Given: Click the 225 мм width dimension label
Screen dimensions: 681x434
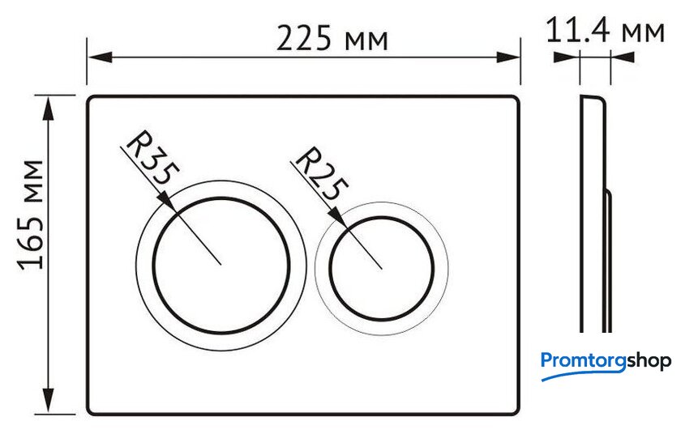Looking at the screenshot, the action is pyautogui.click(x=332, y=38).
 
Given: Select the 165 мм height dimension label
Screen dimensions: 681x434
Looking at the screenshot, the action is pyautogui.click(x=31, y=215).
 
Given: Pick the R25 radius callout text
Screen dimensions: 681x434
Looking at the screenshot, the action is pyautogui.click(x=321, y=173).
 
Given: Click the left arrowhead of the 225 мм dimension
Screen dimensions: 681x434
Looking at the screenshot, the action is pyautogui.click(x=101, y=57).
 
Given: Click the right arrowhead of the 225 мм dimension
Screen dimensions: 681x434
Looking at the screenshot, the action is pyautogui.click(x=508, y=57).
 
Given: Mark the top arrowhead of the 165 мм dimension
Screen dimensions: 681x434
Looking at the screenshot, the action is pyautogui.click(x=49, y=108).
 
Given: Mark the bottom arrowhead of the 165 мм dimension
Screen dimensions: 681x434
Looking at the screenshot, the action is pyautogui.click(x=49, y=401).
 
